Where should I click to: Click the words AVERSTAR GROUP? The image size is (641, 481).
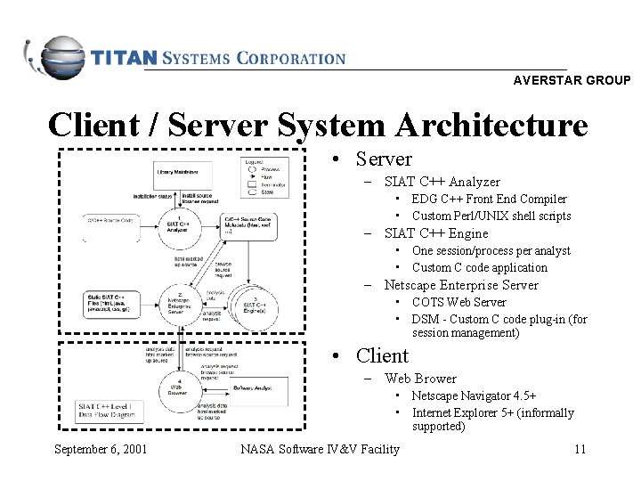572,80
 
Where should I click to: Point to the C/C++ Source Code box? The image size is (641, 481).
110,219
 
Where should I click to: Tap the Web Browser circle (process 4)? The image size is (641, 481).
179,387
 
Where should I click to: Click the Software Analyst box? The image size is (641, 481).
255,388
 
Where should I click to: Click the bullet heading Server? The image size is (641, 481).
383,159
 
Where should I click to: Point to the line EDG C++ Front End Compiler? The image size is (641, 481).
489,200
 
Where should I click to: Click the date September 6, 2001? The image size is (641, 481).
100,448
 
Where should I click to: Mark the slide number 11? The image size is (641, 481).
580,448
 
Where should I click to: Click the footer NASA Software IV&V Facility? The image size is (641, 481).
320,448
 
